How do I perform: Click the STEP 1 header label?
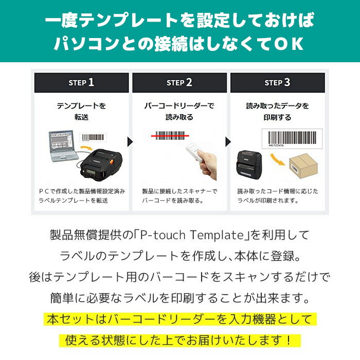point(81,82)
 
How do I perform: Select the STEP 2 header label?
point(179,82)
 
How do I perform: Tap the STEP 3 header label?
point(277,82)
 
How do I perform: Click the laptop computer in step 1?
point(63,146)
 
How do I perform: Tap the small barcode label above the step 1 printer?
point(93,137)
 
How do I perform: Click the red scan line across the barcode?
point(170,136)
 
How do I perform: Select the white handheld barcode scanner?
point(195,152)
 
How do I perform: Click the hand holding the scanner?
point(208,164)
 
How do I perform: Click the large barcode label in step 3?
point(292,139)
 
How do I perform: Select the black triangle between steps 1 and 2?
point(130,141)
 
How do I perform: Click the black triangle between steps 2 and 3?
point(228,141)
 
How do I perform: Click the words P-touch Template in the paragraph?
point(192,235)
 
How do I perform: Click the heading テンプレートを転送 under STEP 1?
point(81,112)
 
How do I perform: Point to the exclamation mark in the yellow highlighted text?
point(289,340)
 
